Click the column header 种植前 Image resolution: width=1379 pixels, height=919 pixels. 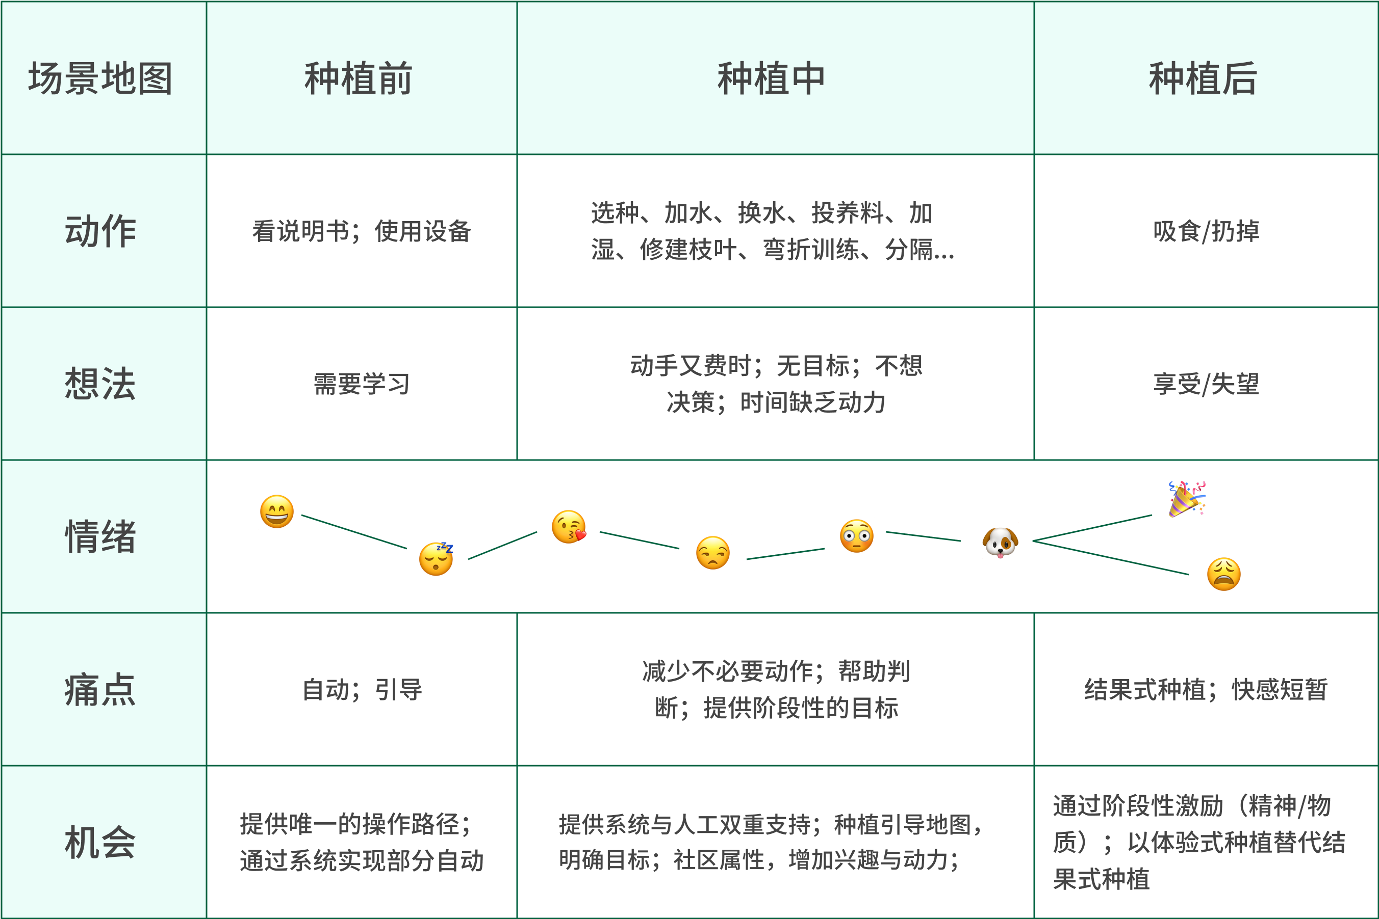pos(359,78)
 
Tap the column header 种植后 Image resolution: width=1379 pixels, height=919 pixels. pos(1203,78)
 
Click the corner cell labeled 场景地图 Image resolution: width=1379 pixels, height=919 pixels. pos(101,78)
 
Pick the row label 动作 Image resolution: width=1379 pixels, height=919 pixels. pos(101,231)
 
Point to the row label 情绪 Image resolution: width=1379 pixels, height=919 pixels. pos(101,536)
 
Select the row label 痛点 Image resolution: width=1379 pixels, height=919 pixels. pos(101,689)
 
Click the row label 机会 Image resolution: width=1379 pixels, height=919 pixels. pos(101,842)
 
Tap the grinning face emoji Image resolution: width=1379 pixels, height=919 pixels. pos(277,511)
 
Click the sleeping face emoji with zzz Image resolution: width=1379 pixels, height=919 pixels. pos(436,558)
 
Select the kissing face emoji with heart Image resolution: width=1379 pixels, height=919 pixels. pos(568,527)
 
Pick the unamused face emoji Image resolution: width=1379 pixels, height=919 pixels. pos(712,553)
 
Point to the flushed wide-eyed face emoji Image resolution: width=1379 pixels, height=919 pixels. pos(856,536)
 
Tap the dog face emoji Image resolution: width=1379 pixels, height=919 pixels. pos(1000,542)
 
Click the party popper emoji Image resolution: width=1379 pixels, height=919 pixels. pos(1187,499)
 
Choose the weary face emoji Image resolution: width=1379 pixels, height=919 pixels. pos(1223,574)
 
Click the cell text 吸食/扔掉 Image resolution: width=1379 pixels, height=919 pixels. pos(1206,231)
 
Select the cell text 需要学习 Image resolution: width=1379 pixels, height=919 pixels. pos(361,384)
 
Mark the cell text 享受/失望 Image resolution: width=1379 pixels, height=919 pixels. pos(1206,384)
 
